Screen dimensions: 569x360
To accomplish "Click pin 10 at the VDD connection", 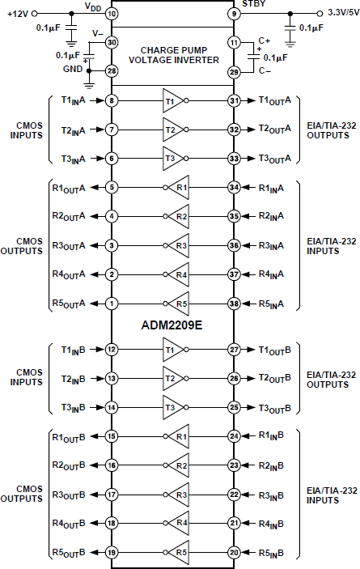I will (112, 13).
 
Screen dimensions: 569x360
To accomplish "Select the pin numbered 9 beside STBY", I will (235, 13).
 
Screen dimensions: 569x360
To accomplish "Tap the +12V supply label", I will (18, 14).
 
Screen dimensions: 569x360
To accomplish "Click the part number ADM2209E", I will (173, 324).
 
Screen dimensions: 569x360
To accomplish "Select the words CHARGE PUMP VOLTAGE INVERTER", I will (172, 54).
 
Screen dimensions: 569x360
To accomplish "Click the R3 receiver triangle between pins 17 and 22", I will (179, 494).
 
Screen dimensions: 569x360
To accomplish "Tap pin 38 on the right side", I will (235, 304).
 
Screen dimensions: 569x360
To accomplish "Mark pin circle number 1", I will (112, 304).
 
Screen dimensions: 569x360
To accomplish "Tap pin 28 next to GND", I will (112, 72).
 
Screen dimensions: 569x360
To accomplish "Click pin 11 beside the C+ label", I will (235, 42).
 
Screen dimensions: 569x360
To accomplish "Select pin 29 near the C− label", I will (235, 72).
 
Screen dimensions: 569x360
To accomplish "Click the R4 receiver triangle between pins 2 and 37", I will (179, 275).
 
